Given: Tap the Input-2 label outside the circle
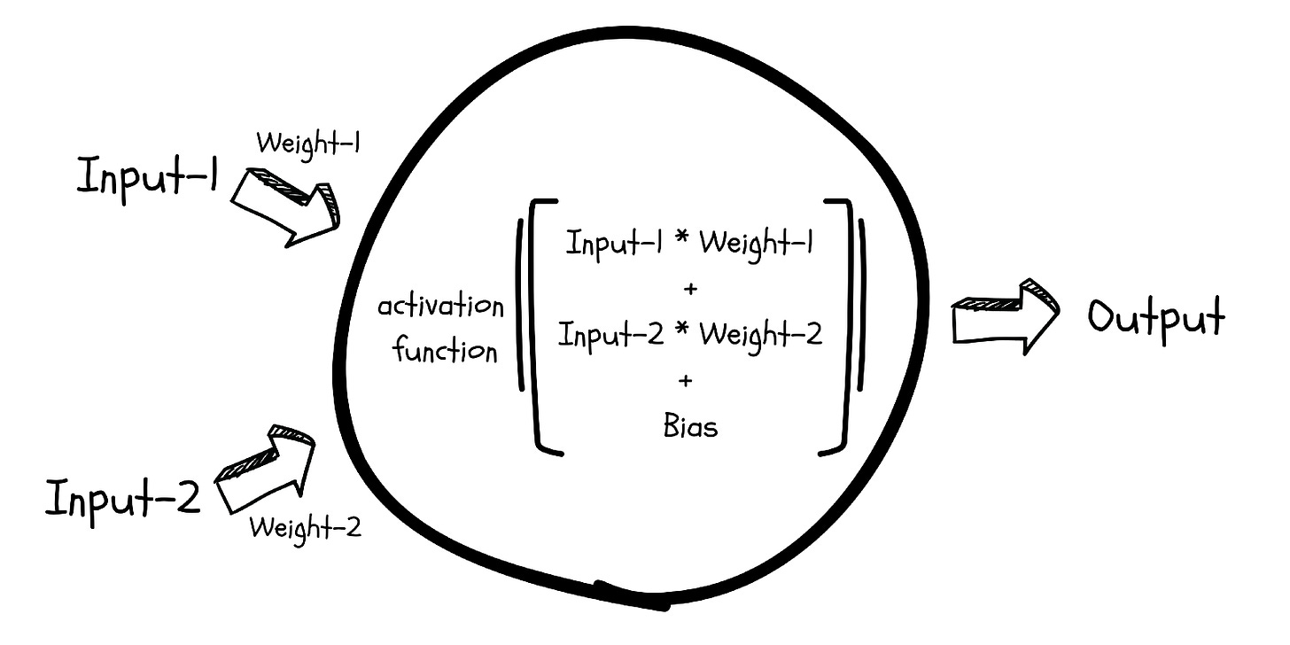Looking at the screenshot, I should pos(123,499).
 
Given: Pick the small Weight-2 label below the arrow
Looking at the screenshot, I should pos(305,529).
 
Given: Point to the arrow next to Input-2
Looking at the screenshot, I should pos(265,467).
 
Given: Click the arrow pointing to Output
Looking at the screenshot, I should pos(1004,316).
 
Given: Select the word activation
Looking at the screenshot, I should pos(440,309).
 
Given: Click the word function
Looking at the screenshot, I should pos(446,350).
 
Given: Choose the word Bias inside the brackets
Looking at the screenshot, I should pos(690,427).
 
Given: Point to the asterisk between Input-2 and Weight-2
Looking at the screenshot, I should pos(682,335).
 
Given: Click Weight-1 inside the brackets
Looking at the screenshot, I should pos(757,244).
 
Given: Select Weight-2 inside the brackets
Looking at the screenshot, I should pos(760,335).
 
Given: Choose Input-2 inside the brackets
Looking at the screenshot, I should pos(611,335).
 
